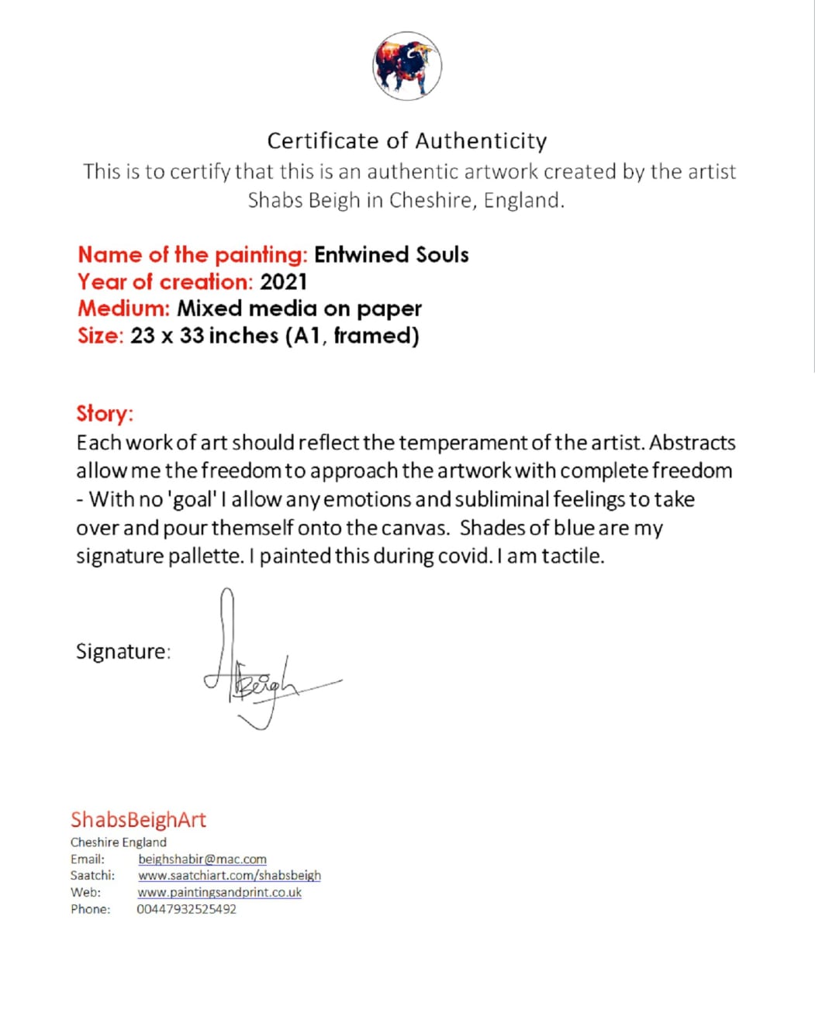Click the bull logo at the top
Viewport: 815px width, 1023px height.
(x=407, y=66)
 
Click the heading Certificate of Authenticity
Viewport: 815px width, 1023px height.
(x=407, y=141)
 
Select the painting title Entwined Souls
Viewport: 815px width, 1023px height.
(x=392, y=255)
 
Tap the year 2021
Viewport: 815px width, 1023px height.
(x=284, y=282)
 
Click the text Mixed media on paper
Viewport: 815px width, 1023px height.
(x=299, y=308)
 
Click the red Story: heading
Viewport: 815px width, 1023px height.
(x=105, y=413)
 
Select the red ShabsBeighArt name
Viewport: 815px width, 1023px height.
(x=139, y=820)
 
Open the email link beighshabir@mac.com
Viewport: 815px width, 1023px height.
(x=202, y=859)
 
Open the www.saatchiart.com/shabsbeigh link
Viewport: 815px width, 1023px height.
(x=230, y=875)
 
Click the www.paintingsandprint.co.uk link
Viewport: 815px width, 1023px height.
(x=219, y=892)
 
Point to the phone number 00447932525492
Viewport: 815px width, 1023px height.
(x=187, y=909)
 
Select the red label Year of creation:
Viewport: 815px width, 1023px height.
(x=165, y=282)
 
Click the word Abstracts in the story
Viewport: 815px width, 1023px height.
(x=692, y=443)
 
